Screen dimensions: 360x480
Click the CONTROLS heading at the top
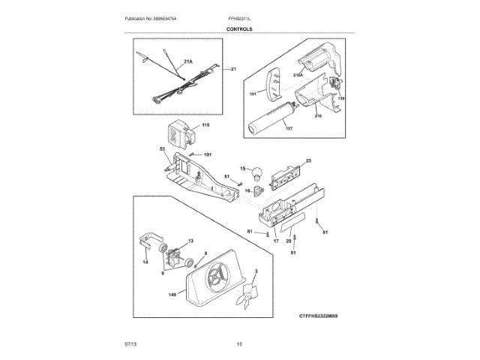click(x=239, y=29)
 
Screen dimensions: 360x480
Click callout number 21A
click(x=187, y=62)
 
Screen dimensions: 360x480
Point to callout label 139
click(x=342, y=97)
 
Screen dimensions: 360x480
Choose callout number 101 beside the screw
click(x=208, y=154)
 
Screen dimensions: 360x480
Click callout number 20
click(x=288, y=241)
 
